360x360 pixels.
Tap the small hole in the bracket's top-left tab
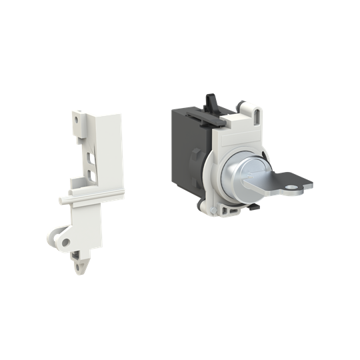coord(77,121)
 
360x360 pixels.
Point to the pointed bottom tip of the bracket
coord(81,269)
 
